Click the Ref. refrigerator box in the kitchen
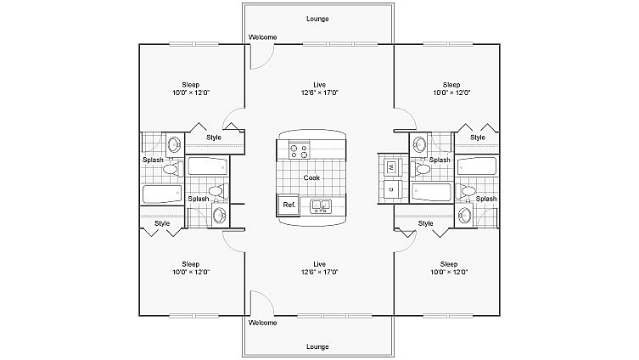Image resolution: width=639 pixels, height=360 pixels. [x=289, y=204]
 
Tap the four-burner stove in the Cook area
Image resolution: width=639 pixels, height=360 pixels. [x=300, y=151]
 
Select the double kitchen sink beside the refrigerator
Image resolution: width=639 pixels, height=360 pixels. [x=321, y=204]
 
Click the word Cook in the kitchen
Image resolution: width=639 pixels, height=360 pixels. [x=311, y=177]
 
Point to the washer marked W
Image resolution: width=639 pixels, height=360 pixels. [x=391, y=166]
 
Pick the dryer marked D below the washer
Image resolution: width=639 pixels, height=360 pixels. [x=391, y=190]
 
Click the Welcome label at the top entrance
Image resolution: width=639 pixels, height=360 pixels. [x=262, y=37]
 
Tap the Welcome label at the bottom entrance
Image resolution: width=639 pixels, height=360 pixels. [x=262, y=323]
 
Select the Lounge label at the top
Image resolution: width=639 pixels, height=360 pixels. [x=317, y=19]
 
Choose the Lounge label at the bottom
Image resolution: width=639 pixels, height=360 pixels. [x=317, y=346]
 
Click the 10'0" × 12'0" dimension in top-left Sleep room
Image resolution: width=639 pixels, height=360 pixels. [x=191, y=93]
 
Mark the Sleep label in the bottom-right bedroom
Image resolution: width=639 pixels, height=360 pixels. [x=449, y=264]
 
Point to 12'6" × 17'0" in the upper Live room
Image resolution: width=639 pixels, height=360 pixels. [x=320, y=93]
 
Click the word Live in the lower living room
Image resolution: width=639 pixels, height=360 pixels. [x=320, y=264]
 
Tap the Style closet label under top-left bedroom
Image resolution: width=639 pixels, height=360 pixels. [x=214, y=138]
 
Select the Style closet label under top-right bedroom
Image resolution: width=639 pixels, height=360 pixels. [x=478, y=138]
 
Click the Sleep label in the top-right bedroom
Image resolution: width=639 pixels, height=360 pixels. [x=451, y=85]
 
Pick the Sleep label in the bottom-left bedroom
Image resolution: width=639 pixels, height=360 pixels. [x=191, y=264]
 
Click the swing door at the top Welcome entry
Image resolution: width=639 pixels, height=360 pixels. [x=260, y=56]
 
